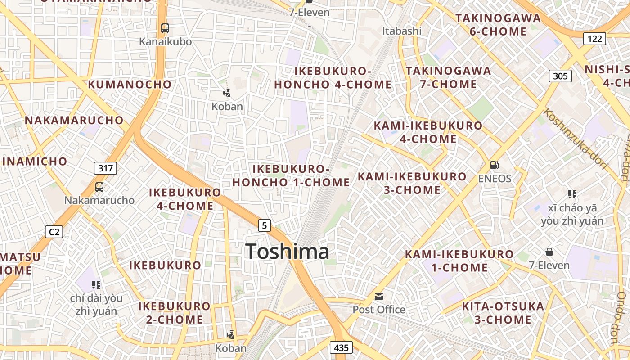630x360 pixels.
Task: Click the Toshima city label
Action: (x=287, y=252)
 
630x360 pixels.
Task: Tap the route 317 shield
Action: (x=106, y=168)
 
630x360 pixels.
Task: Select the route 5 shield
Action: (x=265, y=225)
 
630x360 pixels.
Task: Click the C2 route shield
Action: (x=54, y=232)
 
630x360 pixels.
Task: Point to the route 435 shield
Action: (x=341, y=347)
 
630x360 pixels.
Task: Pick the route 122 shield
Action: (x=594, y=39)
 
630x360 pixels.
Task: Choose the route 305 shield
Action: (x=560, y=76)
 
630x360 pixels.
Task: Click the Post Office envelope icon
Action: (x=379, y=297)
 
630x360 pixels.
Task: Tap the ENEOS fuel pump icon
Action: (x=494, y=165)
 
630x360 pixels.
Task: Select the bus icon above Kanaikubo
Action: (x=165, y=28)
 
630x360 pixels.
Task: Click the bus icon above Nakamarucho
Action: (x=99, y=187)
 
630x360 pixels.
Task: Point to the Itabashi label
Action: (x=402, y=31)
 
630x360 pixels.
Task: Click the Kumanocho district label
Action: (x=130, y=84)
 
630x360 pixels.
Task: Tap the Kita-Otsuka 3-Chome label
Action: (x=503, y=313)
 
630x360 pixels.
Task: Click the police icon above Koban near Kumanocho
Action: (x=227, y=94)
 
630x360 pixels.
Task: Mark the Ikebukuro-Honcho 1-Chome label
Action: (x=291, y=175)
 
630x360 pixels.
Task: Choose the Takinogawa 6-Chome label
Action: (x=498, y=25)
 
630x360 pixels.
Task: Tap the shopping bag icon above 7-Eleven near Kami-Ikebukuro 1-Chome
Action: (x=549, y=252)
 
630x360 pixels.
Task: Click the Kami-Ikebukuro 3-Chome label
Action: (x=412, y=183)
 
